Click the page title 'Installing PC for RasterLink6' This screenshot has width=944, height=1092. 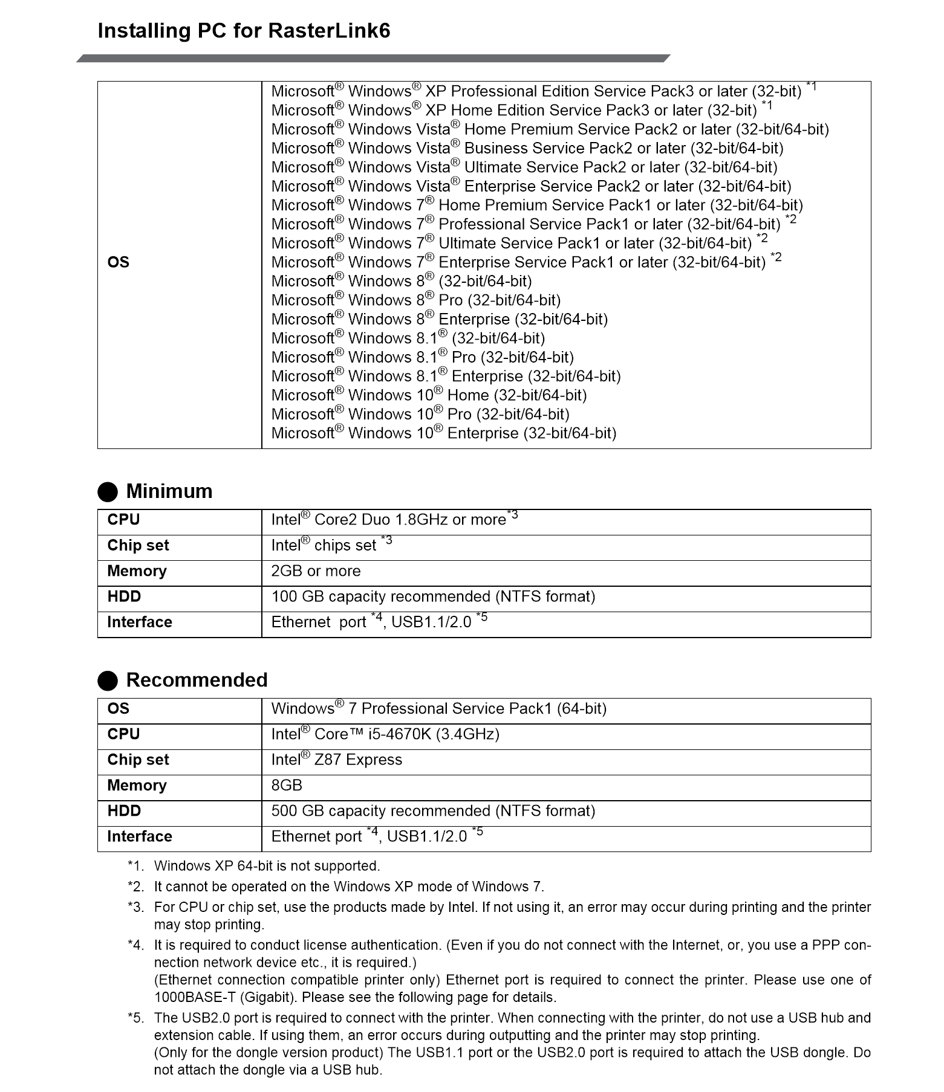pos(244,31)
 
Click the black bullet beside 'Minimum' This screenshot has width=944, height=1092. pos(108,492)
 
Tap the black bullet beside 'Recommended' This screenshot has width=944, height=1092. pos(108,681)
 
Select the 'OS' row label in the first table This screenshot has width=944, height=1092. pos(118,262)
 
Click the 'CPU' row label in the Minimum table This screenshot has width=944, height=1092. pos(123,520)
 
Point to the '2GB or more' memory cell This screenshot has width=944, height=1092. pos(316,572)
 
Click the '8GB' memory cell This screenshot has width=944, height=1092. pos(287,786)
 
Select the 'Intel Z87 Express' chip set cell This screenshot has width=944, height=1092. pos(336,760)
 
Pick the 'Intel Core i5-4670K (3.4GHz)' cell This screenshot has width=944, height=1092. pos(385,735)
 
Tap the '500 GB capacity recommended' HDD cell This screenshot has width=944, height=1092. pos(433,812)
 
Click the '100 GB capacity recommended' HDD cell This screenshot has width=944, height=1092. pos(433,597)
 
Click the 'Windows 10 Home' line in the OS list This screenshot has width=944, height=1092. pos(429,396)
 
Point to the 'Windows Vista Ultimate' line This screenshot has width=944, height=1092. pos(524,167)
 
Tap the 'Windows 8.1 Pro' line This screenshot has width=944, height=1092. pos(422,358)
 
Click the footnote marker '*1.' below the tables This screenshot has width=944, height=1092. pos(136,866)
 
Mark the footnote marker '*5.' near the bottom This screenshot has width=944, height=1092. pos(136,1018)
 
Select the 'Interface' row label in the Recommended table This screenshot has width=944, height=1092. pos(140,837)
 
